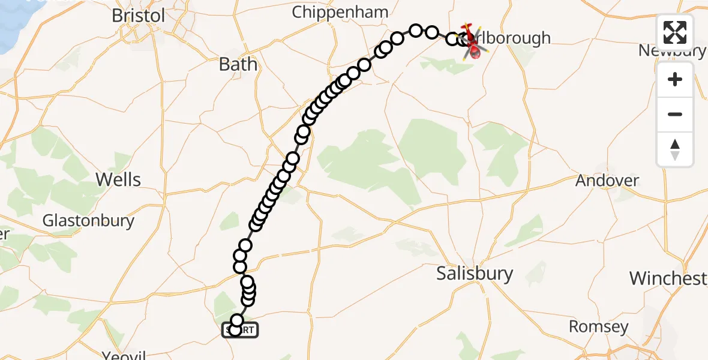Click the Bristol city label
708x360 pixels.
pos(139,16)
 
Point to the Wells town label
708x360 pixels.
pos(119,179)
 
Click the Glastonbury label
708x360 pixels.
pos(88,220)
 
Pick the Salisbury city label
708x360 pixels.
pos(475,274)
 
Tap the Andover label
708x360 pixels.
pos(607,180)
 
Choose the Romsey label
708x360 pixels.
pos(598,327)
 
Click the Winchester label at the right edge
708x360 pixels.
pos(668,278)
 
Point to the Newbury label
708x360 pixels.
pos(671,50)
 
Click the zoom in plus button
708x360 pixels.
pos(675,79)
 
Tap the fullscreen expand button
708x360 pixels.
pos(675,32)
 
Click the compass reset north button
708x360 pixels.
pos(675,149)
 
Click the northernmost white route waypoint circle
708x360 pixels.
pos(416,30)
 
